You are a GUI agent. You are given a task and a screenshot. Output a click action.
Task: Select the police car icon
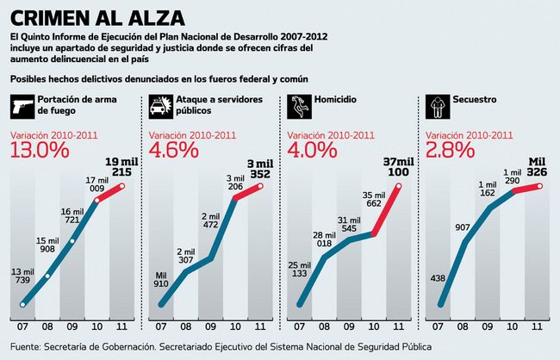coord(159,106)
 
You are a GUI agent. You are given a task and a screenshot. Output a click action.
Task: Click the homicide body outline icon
coord(297,106)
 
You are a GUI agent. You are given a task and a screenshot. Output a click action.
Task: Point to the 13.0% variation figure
coord(39,149)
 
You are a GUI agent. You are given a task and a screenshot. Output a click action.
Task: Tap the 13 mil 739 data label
coord(22,276)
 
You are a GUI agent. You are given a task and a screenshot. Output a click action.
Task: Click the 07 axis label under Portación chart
coord(22,328)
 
